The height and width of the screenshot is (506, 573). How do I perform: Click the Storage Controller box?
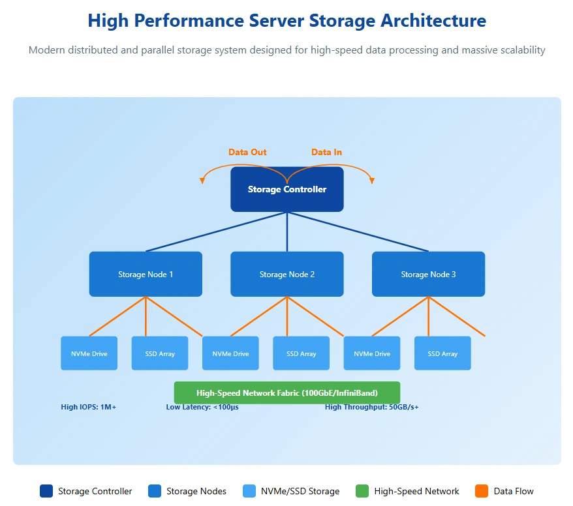(x=287, y=190)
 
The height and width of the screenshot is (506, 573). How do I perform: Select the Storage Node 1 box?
(x=146, y=275)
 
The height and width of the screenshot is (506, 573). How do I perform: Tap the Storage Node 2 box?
(x=287, y=275)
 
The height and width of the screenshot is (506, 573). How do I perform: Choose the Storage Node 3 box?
(x=428, y=275)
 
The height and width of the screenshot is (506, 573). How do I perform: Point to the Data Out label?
(x=247, y=153)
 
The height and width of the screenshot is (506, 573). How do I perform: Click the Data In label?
(x=326, y=153)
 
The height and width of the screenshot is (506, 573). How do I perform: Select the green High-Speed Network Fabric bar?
(x=287, y=393)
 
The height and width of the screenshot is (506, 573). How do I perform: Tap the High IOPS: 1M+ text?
(x=89, y=408)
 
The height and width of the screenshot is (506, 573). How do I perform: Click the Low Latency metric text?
(x=202, y=408)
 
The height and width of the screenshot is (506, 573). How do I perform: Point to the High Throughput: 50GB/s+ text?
(x=372, y=408)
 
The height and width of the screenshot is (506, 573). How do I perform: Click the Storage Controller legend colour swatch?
(x=46, y=491)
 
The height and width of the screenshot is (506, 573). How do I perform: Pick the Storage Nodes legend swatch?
(x=155, y=491)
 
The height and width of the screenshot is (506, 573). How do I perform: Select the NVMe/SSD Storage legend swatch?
(x=249, y=491)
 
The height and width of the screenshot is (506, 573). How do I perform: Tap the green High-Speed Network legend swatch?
(x=362, y=491)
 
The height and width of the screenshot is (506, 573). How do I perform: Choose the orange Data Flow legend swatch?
(x=482, y=491)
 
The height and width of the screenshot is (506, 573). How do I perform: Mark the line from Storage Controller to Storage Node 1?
(x=216, y=231)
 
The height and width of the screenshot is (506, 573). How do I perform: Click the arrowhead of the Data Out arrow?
(x=202, y=181)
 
